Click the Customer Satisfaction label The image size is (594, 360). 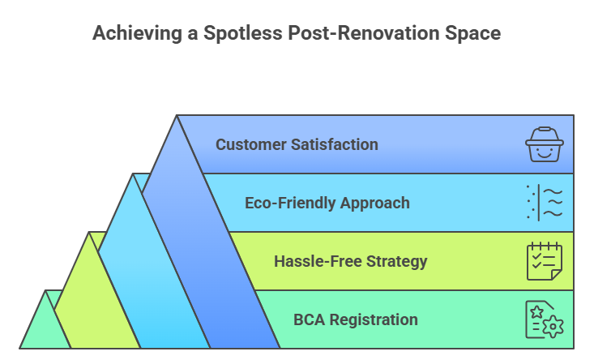tap(297, 145)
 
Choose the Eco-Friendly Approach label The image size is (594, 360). tap(327, 203)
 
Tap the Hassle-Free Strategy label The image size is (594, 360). tap(351, 261)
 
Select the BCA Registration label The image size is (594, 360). tap(356, 319)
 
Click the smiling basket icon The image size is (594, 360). tap(544, 145)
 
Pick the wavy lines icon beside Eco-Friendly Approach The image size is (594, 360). tap(544, 203)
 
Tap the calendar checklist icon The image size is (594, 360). tap(544, 261)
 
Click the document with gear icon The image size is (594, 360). tap(544, 319)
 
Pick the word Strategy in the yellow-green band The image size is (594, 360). tap(395, 261)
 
